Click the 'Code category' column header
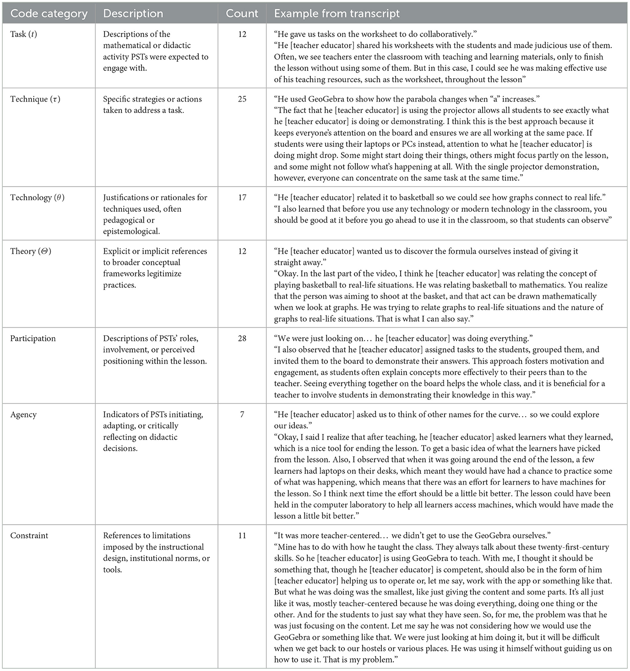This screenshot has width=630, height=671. [x=49, y=14]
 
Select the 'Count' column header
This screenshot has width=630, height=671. [x=242, y=14]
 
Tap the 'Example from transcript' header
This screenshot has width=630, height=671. [x=337, y=14]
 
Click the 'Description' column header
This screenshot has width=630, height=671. [x=133, y=14]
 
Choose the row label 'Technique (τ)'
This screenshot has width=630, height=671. [x=35, y=99]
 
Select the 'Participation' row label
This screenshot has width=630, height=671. [x=33, y=338]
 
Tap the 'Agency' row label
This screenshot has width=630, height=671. [x=23, y=414]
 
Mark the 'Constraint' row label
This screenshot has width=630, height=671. [x=29, y=536]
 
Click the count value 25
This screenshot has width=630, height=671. [x=242, y=99]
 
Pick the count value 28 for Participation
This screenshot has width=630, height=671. [x=242, y=338]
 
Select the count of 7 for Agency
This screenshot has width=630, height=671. [x=242, y=414]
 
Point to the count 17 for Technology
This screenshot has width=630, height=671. [x=242, y=198]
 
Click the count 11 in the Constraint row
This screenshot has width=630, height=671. [x=242, y=536]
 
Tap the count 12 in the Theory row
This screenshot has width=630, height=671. [x=242, y=251]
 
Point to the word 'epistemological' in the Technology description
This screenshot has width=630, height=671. [x=131, y=231]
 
